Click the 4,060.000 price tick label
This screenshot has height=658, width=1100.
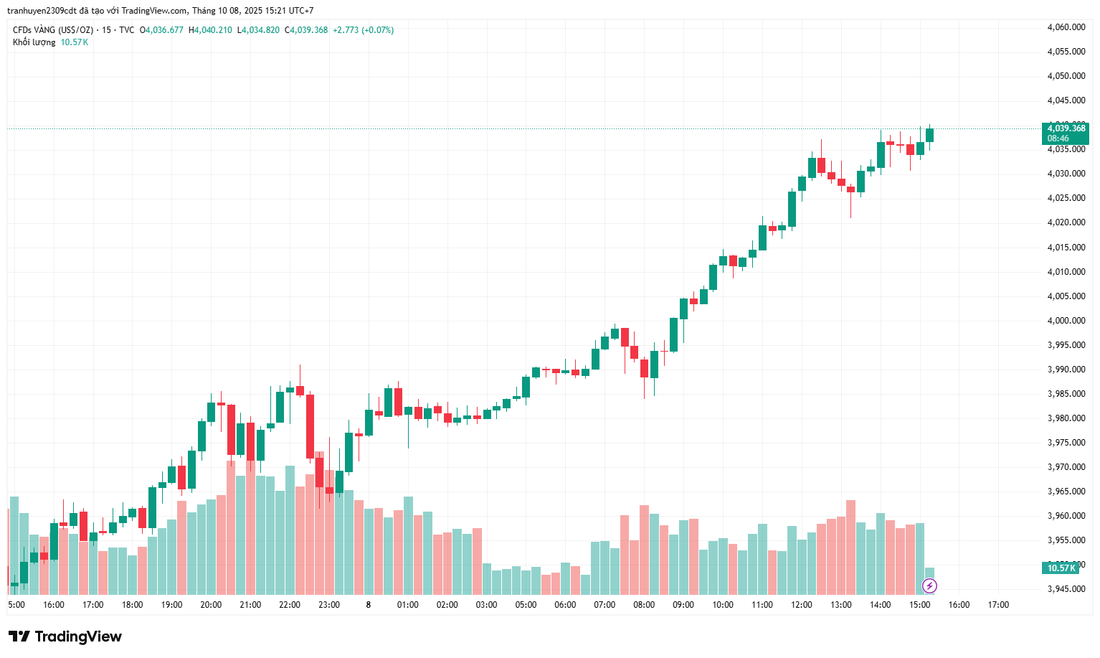click(x=1066, y=27)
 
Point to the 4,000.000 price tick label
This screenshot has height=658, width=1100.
click(x=1066, y=321)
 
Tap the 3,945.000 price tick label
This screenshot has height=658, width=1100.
click(x=1066, y=589)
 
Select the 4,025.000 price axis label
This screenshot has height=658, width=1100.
click(x=1066, y=198)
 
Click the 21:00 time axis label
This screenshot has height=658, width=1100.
click(x=250, y=605)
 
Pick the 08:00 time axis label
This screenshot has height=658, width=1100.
click(x=644, y=605)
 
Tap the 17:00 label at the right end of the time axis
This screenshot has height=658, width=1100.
click(x=998, y=605)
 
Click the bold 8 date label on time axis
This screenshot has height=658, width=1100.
click(x=369, y=605)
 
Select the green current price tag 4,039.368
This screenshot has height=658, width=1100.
click(x=1066, y=133)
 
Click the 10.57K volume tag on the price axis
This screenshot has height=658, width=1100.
click(x=1061, y=568)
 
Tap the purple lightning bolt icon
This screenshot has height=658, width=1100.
click(x=929, y=586)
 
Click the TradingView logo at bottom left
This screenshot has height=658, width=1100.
click(x=65, y=636)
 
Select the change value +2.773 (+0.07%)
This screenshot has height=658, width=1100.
click(x=363, y=30)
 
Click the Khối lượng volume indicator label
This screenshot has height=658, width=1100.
click(x=34, y=42)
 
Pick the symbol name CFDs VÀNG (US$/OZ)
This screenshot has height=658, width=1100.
click(x=53, y=30)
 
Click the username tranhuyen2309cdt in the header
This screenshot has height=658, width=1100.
click(x=42, y=11)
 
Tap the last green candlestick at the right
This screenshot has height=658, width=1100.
click(x=929, y=135)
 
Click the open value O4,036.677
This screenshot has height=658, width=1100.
click(x=161, y=30)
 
